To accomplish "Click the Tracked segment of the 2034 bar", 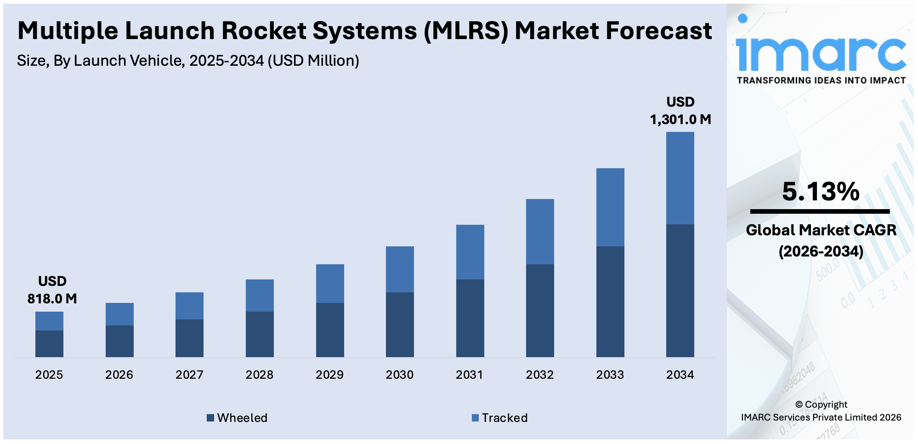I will pyautogui.click(x=680, y=178).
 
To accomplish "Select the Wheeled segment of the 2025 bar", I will pyautogui.click(x=49, y=343).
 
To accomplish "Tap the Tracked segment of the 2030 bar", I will pyautogui.click(x=400, y=269).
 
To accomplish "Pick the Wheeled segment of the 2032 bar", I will pyautogui.click(x=540, y=310).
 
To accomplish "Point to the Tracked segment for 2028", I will pyautogui.click(x=260, y=295).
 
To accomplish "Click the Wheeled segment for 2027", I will pyautogui.click(x=189, y=338).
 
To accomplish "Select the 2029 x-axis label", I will pyautogui.click(x=329, y=375).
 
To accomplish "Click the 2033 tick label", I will pyautogui.click(x=610, y=375).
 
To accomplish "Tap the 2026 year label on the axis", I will pyautogui.click(x=119, y=375).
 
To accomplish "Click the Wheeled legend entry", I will pyautogui.click(x=237, y=418).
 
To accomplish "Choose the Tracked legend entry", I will pyautogui.click(x=500, y=418).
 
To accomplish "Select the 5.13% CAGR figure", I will pyautogui.click(x=821, y=192).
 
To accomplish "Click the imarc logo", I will pyautogui.click(x=821, y=51).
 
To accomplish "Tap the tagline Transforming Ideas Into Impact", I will pyautogui.click(x=821, y=80).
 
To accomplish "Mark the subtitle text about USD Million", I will pyautogui.click(x=188, y=61).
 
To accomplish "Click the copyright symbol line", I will pyautogui.click(x=821, y=404).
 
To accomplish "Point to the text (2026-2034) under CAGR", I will pyautogui.click(x=821, y=251).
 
